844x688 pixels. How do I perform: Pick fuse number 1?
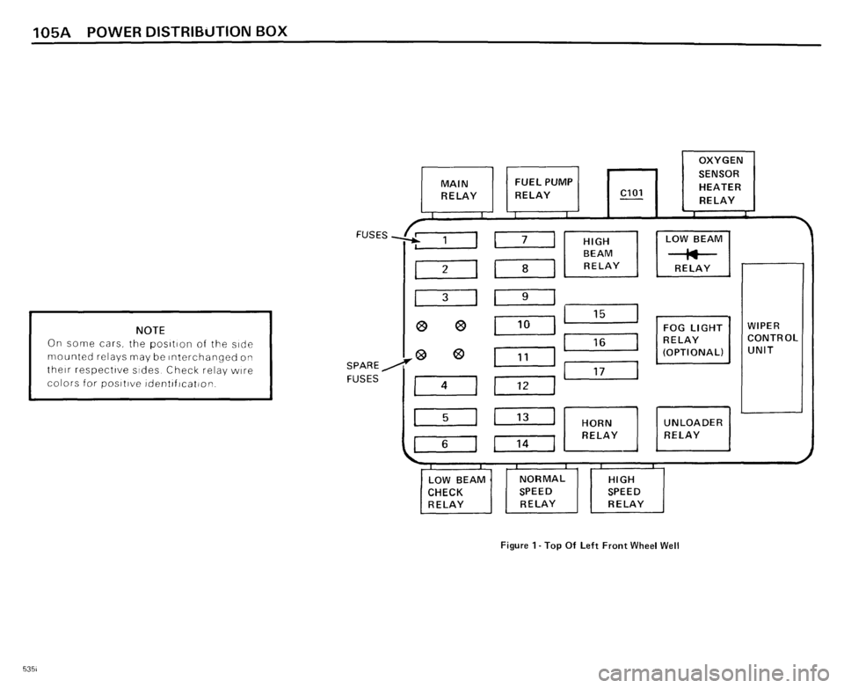click(444, 240)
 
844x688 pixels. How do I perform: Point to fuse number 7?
click(525, 240)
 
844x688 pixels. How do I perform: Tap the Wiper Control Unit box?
click(772, 338)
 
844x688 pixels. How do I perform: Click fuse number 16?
click(600, 343)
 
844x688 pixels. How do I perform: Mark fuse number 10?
click(524, 326)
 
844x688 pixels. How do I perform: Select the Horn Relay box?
click(600, 429)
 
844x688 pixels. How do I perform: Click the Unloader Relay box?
click(694, 428)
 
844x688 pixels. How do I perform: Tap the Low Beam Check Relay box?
click(455, 492)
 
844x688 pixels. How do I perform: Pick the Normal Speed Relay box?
click(541, 491)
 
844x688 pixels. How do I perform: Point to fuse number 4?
click(444, 385)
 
